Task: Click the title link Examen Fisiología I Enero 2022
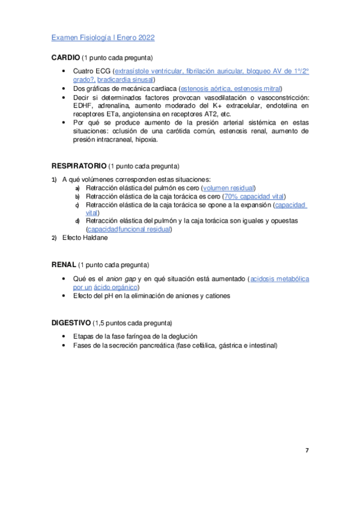click(103, 38)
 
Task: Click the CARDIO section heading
click(66, 58)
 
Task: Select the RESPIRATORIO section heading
click(79, 165)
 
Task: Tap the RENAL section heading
click(63, 265)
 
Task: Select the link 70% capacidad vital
click(254, 197)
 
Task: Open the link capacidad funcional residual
click(129, 229)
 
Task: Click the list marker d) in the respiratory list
click(77, 221)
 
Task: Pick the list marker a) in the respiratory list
click(77, 188)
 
